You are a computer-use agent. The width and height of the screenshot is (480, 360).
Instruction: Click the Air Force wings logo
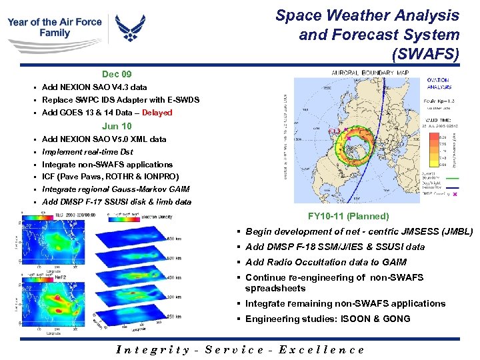click(x=131, y=29)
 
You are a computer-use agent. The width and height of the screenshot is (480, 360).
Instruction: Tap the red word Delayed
click(x=157, y=113)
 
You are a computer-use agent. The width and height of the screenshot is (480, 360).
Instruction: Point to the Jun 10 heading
click(x=117, y=126)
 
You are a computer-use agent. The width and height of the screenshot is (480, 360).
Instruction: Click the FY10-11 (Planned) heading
click(x=348, y=216)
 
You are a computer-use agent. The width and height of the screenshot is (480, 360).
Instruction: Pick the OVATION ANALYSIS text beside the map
click(x=437, y=83)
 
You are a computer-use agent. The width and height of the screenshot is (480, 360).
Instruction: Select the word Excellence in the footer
click(x=322, y=349)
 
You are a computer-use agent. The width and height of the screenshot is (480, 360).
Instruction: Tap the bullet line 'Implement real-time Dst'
click(x=87, y=151)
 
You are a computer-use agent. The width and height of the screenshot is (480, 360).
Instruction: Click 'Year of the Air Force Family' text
click(x=55, y=27)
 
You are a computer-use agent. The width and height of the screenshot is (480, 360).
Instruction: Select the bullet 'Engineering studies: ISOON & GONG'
click(x=327, y=319)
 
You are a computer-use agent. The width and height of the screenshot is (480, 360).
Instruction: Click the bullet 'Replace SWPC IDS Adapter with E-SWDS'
click(x=120, y=100)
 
